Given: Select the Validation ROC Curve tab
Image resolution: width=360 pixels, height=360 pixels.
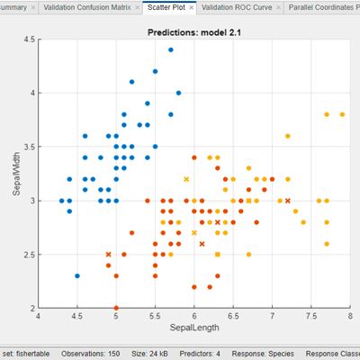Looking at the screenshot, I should [238, 7].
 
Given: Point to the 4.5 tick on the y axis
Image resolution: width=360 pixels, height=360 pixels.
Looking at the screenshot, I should [29, 40].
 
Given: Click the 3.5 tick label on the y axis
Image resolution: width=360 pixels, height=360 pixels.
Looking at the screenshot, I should [29, 147].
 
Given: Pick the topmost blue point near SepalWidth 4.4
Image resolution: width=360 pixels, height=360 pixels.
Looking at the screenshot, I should [170, 50].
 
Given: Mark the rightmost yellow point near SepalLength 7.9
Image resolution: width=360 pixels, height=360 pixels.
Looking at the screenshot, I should [342, 114].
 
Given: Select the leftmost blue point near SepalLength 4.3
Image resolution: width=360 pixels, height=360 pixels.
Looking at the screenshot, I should [61, 201].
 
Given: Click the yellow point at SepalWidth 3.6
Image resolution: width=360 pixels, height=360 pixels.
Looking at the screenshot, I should [288, 136].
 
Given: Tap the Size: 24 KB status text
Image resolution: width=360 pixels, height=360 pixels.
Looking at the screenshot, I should [147, 354].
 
